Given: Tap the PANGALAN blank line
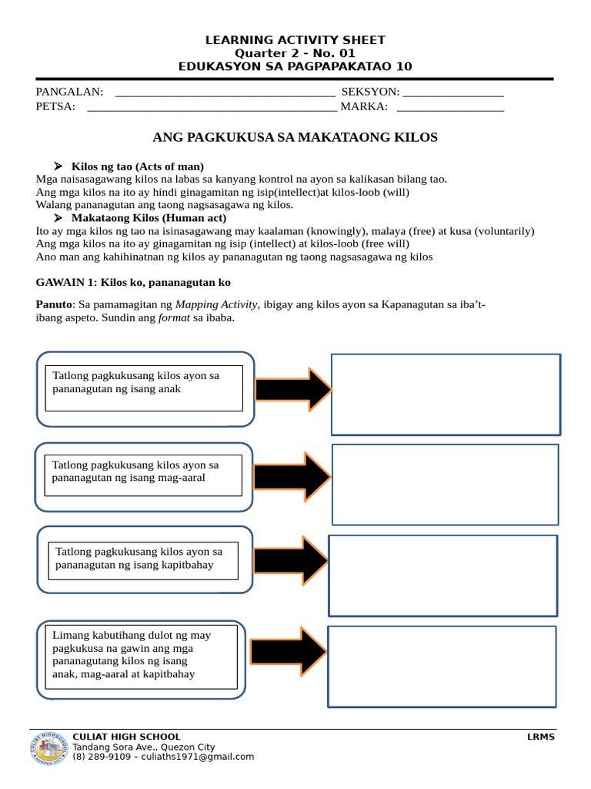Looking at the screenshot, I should [224, 96].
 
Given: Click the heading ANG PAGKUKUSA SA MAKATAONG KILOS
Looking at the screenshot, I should [295, 137].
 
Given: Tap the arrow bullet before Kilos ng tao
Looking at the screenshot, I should [58, 166].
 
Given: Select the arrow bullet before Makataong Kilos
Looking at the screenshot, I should [58, 218].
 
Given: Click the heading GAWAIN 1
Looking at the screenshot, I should [133, 283].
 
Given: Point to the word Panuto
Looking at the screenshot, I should [53, 304].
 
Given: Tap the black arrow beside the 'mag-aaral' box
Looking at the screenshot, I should [292, 477].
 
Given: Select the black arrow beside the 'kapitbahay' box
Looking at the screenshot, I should [291, 560].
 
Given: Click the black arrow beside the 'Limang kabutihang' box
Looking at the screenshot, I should [288, 651].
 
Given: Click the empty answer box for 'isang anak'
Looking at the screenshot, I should [446, 394].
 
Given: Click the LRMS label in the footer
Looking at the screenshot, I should [541, 737].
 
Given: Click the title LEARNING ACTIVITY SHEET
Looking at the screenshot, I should [295, 40].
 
